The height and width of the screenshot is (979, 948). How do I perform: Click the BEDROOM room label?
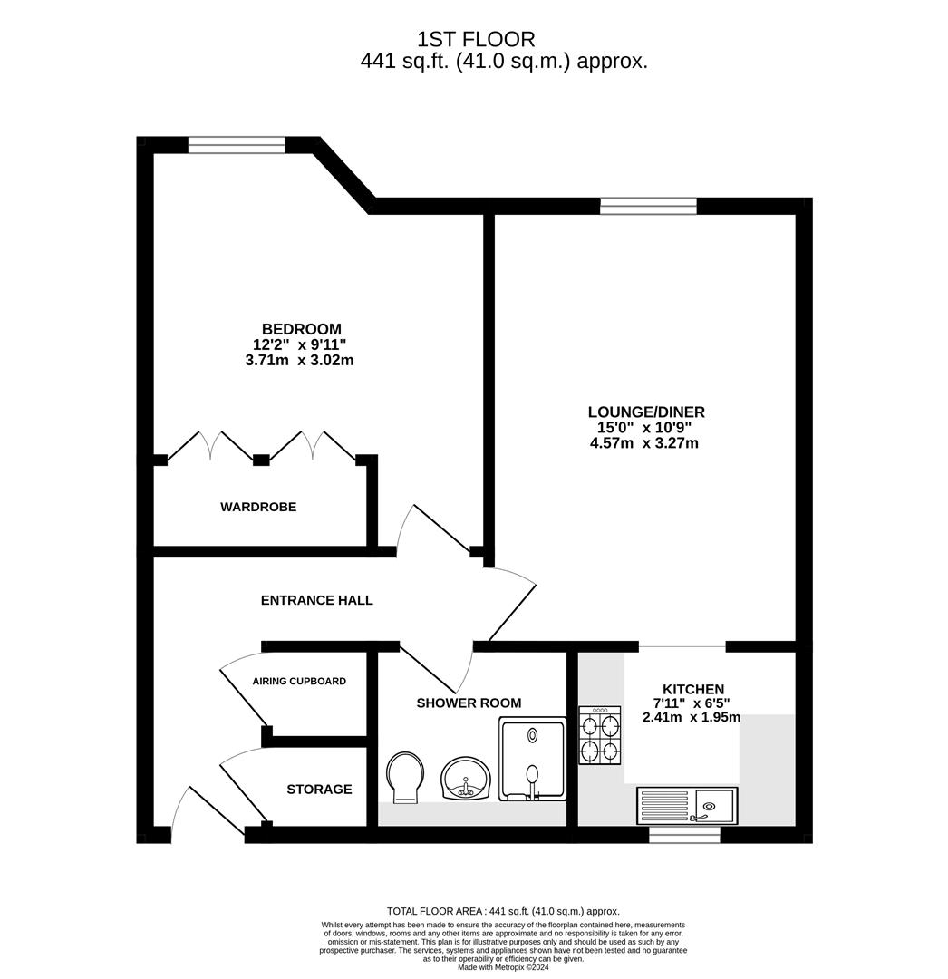(302, 329)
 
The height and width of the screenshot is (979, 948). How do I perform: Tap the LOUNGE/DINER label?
(646, 412)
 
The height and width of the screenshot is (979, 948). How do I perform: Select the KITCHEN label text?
(692, 689)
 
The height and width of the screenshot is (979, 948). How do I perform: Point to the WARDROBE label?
(258, 507)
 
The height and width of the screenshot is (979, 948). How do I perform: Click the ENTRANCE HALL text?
(316, 600)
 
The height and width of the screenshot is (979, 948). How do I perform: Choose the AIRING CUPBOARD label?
(299, 681)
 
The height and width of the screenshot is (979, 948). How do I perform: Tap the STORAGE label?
(319, 790)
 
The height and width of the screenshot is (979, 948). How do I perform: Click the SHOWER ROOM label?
(469, 703)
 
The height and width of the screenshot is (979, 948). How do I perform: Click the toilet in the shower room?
(405, 778)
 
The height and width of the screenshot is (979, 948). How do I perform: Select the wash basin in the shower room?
(466, 779)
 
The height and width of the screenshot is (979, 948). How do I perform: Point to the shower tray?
(532, 759)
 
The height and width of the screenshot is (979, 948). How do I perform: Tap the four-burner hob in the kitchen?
(600, 735)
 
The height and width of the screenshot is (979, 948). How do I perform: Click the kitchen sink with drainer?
(686, 805)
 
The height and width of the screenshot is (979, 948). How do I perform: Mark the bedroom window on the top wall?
(237, 145)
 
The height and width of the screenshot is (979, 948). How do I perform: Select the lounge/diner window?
(648, 206)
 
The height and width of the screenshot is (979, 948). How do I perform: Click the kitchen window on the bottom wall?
(684, 835)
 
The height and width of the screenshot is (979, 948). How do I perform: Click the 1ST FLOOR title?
(476, 39)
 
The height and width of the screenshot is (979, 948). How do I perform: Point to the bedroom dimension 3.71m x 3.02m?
(300, 360)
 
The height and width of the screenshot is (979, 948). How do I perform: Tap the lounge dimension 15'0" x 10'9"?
(644, 428)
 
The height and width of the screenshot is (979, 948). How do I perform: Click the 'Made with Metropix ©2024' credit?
(503, 967)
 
